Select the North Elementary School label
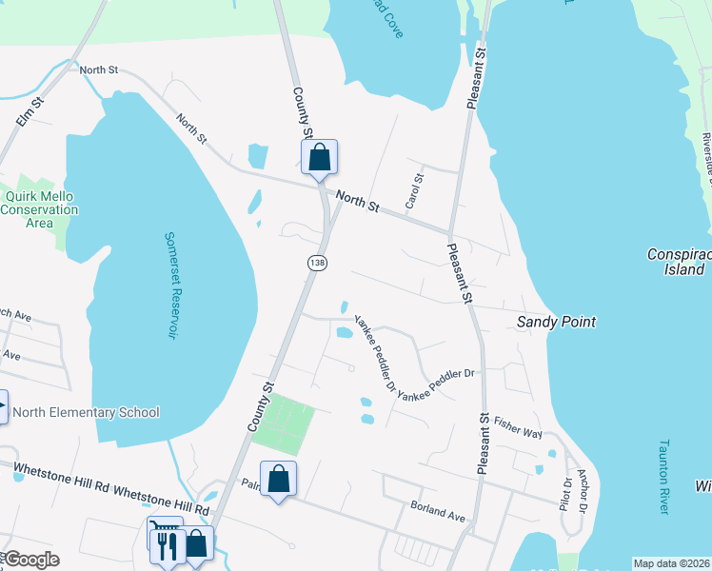click(86, 412)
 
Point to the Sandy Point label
click(556, 322)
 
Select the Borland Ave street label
click(437, 512)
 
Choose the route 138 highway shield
click(316, 262)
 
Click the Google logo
click(31, 560)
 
